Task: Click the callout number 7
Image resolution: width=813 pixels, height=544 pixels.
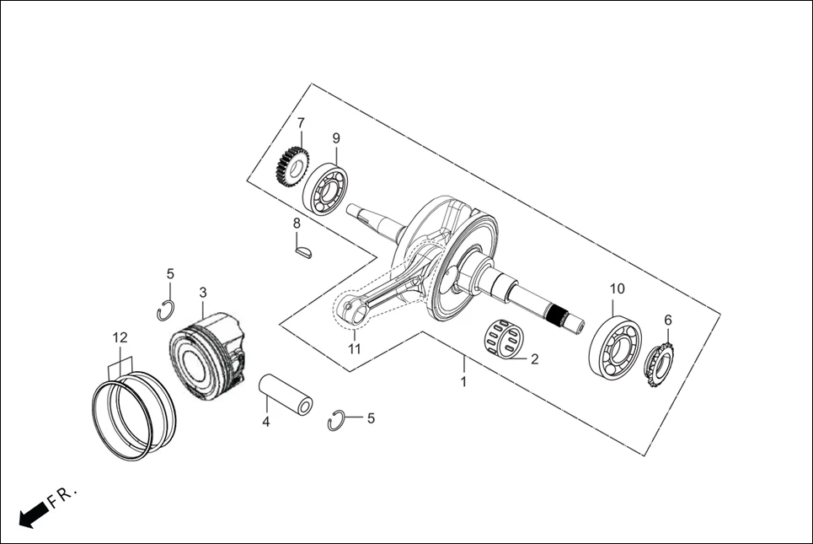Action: [x=301, y=123]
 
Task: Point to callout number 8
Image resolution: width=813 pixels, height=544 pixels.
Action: [x=297, y=224]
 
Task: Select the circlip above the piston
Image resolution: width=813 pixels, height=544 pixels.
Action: [x=166, y=310]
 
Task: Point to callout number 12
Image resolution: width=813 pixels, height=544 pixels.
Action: [x=120, y=338]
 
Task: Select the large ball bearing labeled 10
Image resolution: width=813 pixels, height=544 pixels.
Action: [x=614, y=346]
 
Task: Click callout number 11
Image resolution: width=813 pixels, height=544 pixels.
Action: [x=355, y=347]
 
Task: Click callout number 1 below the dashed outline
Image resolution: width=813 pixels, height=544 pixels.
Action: [x=463, y=382]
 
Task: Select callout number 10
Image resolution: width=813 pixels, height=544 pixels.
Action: [x=618, y=288]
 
